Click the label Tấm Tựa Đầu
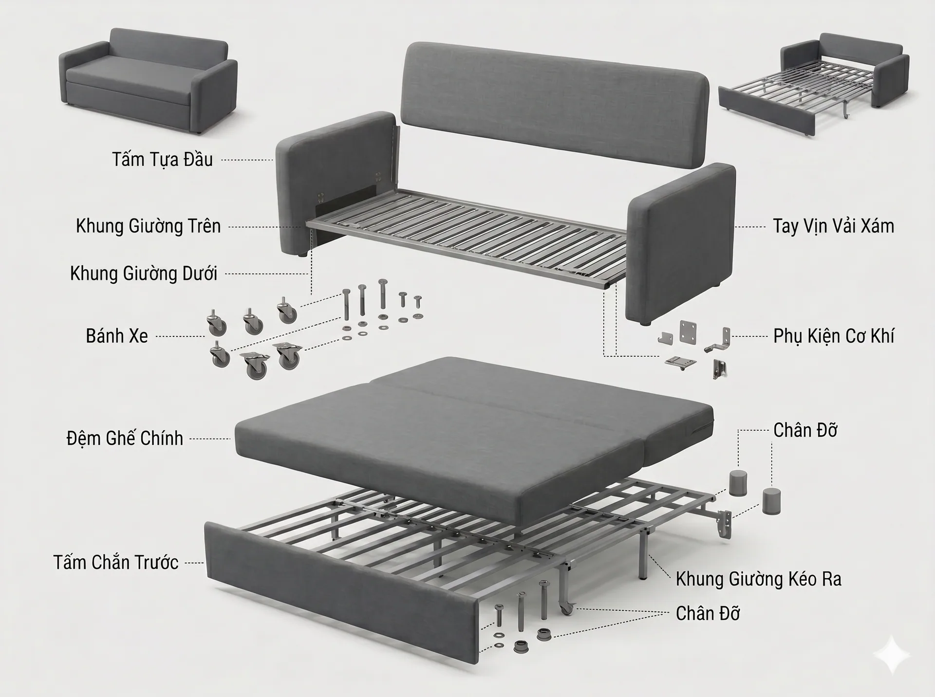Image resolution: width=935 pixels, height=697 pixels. [x=162, y=160]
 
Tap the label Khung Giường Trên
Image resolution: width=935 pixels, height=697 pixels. [x=148, y=226]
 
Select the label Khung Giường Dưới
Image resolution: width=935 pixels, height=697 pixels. [x=144, y=274]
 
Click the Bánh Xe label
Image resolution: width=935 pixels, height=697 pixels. [x=117, y=336]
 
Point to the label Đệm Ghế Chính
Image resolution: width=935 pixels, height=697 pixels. [x=125, y=438]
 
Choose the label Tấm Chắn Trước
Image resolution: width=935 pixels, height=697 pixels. [x=116, y=562]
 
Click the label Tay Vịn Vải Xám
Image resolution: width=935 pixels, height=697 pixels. [x=833, y=226]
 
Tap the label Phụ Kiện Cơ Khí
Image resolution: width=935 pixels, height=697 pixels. [x=833, y=336]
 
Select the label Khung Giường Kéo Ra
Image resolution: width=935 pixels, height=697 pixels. [x=758, y=579]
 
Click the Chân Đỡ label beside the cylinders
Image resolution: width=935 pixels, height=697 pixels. [x=805, y=430]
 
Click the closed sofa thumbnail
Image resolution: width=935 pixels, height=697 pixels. [x=148, y=81]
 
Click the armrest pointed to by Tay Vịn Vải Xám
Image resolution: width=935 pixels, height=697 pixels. [x=681, y=243]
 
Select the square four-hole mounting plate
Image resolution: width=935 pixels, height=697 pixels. [x=688, y=332]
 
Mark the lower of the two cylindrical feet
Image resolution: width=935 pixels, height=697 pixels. [x=771, y=501]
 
